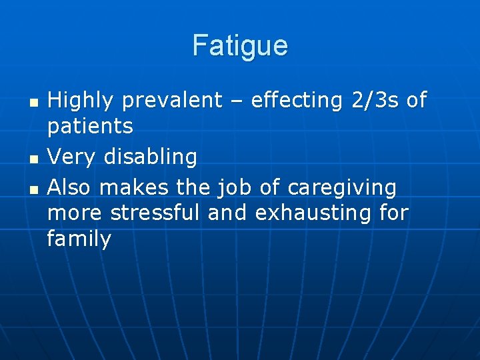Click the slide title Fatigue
click(240, 46)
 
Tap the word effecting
click(293, 101)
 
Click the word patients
click(90, 125)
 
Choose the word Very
click(73, 157)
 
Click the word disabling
click(151, 157)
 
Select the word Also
click(70, 189)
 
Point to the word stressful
click(155, 213)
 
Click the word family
click(79, 239)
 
